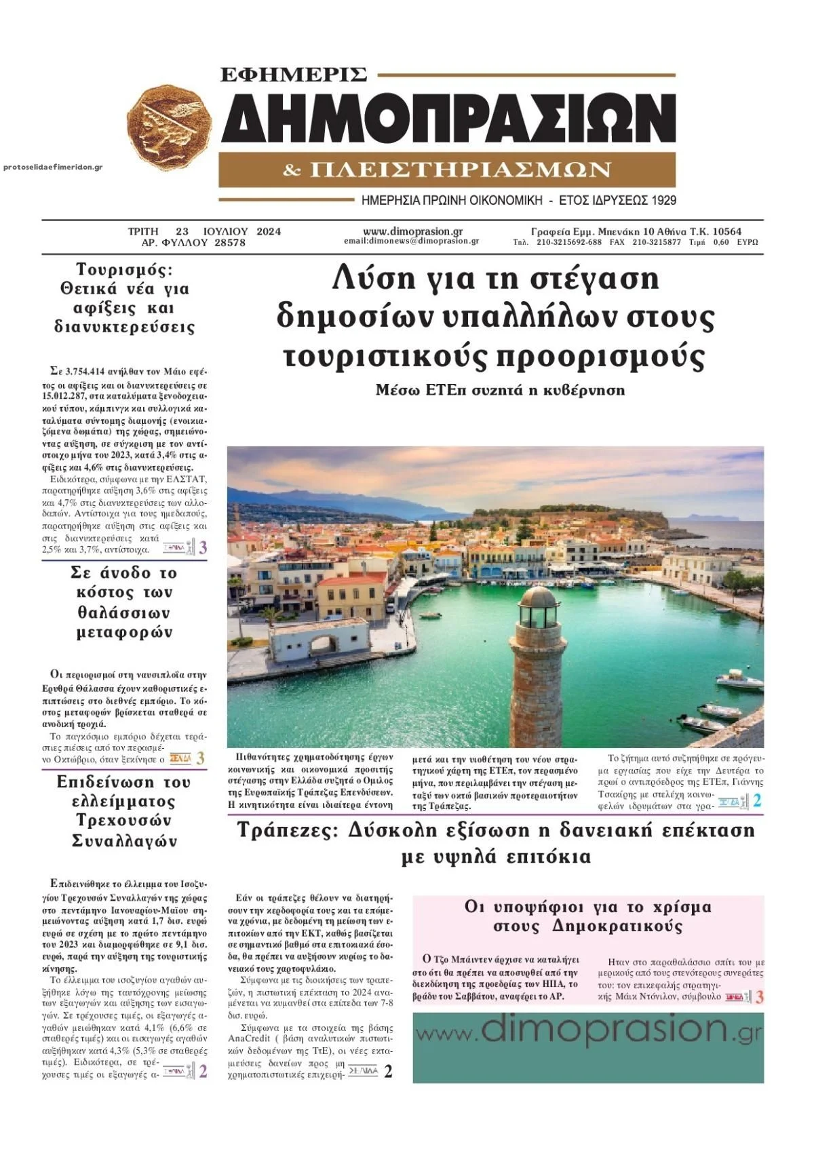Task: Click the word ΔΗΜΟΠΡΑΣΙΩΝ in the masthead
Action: [448, 117]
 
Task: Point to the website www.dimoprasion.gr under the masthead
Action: [412, 231]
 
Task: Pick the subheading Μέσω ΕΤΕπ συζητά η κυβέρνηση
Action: [500, 390]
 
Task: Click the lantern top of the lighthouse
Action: [538, 609]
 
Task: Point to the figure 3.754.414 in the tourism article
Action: [85, 372]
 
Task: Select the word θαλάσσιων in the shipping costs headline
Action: [124, 612]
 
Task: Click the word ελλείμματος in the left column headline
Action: [124, 802]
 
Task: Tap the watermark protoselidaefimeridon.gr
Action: [53, 167]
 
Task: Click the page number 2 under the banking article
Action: [388, 1072]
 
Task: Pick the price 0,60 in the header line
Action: [721, 242]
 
